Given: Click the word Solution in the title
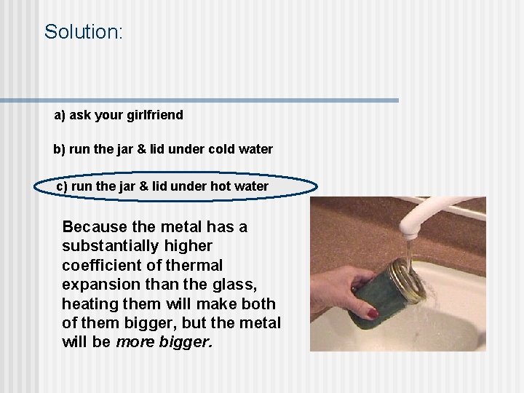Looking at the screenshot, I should click(82, 32).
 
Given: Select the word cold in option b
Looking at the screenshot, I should click(223, 149).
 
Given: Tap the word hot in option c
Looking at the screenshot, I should click(221, 186).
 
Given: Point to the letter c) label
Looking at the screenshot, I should click(63, 186).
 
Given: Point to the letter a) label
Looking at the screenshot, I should click(60, 115).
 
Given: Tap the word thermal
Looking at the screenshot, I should click(195, 265).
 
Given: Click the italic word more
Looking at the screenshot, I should click(135, 341).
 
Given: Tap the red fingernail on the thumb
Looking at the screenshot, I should click(373, 314).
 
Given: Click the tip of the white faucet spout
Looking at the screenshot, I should click(412, 231).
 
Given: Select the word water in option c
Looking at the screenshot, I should click(251, 186).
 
